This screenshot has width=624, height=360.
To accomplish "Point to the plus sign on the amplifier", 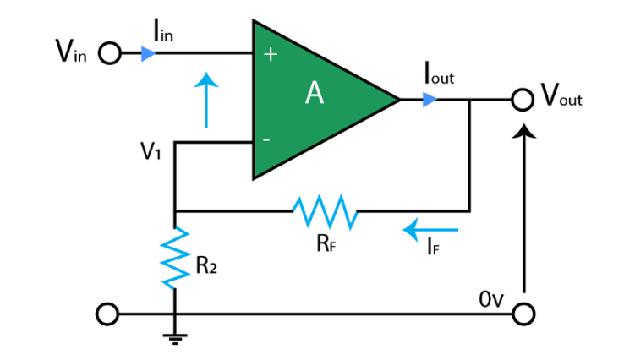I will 271,55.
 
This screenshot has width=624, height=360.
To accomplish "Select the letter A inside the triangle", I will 315,95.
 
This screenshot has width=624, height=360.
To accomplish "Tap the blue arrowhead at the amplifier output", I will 430,100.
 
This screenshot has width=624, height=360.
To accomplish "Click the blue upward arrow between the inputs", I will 205,100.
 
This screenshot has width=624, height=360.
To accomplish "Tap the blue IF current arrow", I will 431,228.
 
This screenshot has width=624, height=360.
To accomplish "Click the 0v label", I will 491,298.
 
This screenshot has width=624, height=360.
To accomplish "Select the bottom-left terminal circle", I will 105,314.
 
